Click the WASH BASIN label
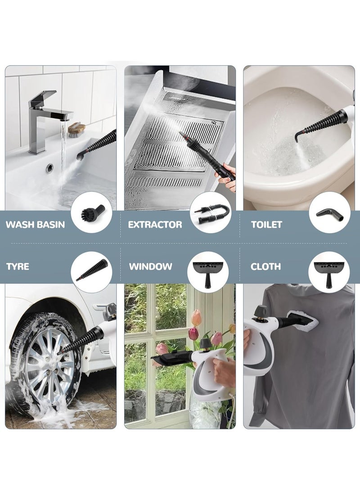click(x=36, y=225)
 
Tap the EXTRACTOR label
click(x=155, y=225)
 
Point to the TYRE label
click(x=18, y=266)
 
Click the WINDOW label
click(x=150, y=266)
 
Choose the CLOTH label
click(x=265, y=266)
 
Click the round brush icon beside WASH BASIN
click(x=92, y=212)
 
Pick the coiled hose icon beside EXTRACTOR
click(x=210, y=212)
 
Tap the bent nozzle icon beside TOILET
click(x=329, y=212)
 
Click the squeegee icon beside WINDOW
click(x=208, y=271)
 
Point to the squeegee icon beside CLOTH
click(x=329, y=271)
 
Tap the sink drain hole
click(x=49, y=167)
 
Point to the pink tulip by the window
click(x=193, y=333)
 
